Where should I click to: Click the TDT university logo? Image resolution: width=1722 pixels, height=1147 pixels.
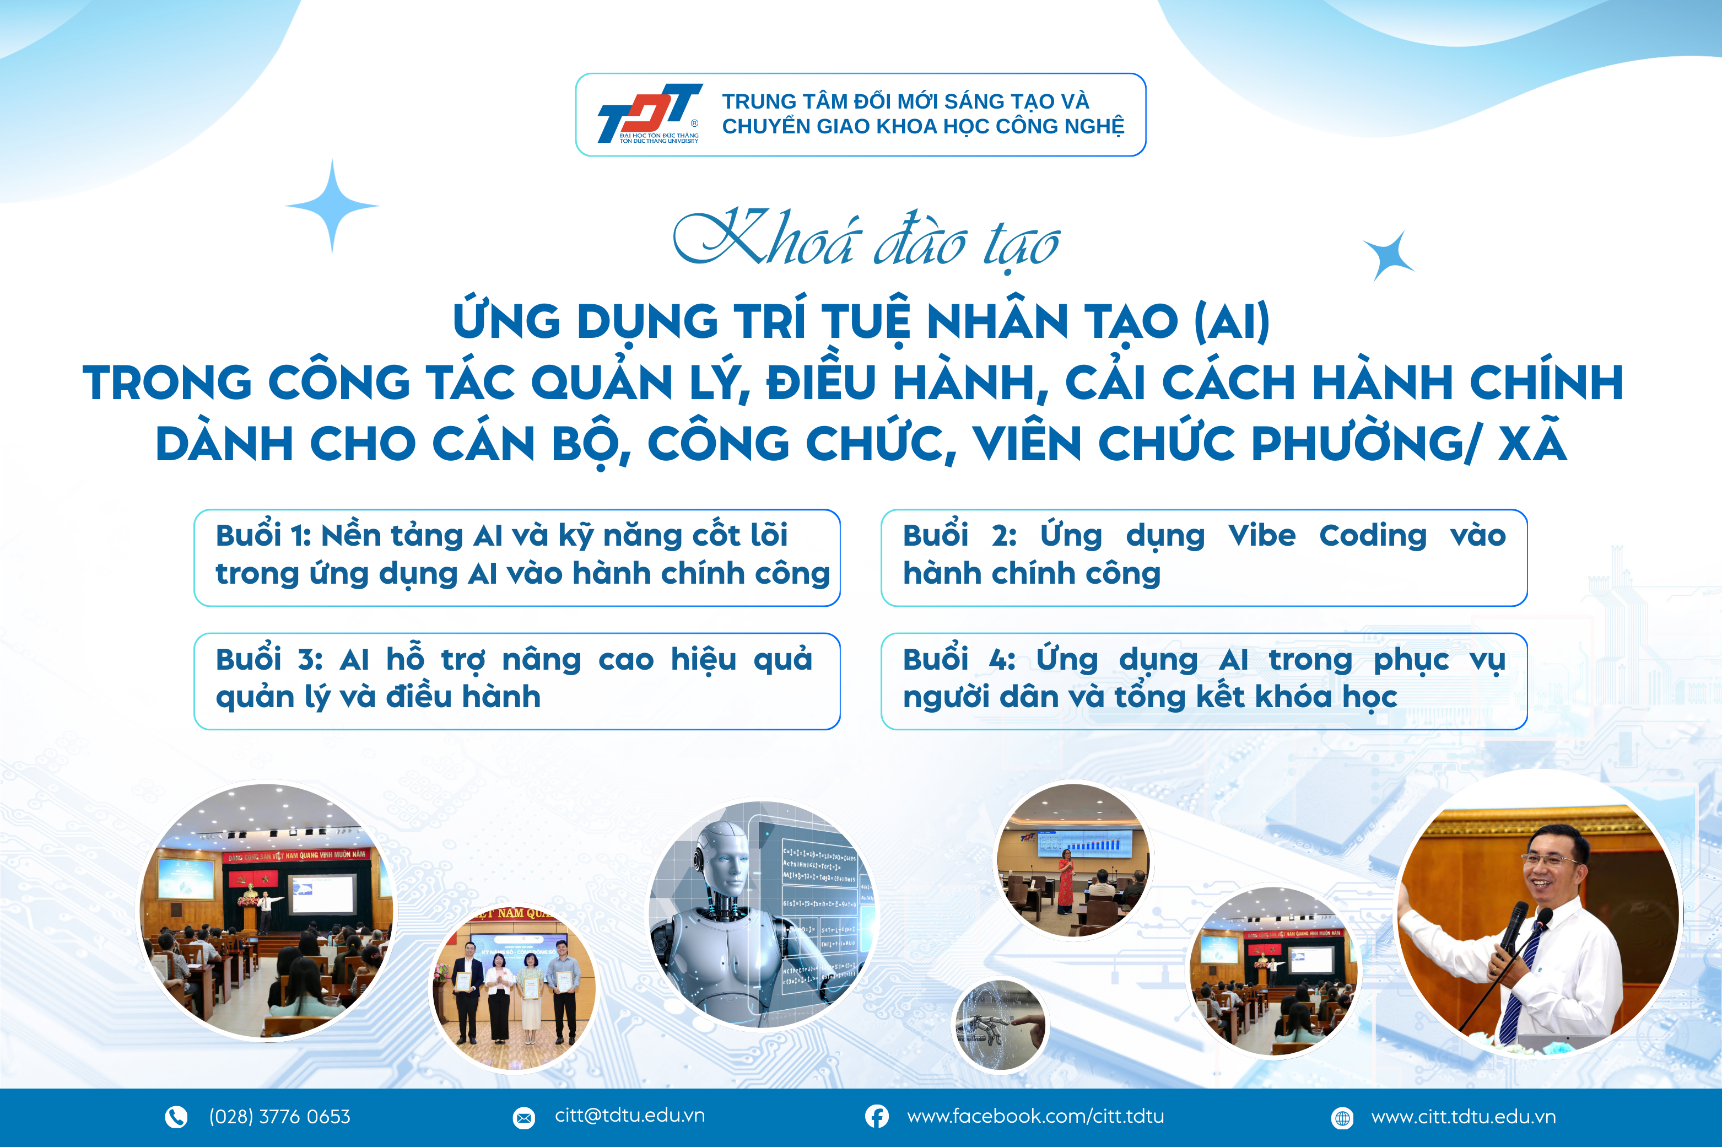[649, 114]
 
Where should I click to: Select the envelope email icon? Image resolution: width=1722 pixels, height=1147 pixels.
[523, 1118]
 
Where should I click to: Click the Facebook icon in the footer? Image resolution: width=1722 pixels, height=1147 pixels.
[877, 1116]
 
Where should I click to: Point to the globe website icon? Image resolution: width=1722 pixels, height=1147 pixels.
[1342, 1118]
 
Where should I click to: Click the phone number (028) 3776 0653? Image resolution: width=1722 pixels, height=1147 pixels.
[279, 1116]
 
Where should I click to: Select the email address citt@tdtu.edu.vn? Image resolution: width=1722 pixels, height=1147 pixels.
[630, 1115]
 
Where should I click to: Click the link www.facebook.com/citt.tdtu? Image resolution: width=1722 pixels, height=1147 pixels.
[1035, 1116]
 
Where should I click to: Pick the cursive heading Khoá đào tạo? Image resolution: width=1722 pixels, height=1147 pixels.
[866, 240]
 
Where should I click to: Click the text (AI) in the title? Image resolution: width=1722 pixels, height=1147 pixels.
[1232, 322]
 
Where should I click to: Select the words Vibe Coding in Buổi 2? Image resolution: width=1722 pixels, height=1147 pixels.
[1327, 535]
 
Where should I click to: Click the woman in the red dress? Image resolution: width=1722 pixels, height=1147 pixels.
[1065, 881]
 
